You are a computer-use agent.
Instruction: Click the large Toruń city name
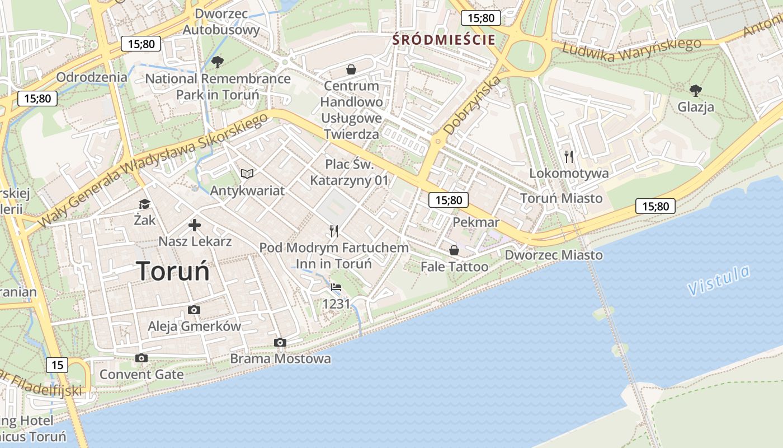click(173, 271)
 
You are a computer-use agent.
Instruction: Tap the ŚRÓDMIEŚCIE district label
click(444, 40)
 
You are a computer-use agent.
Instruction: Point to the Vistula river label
click(719, 280)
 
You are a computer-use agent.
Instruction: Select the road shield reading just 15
click(57, 365)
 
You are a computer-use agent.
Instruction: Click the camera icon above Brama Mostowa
click(280, 342)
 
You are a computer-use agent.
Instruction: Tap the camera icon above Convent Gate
click(141, 358)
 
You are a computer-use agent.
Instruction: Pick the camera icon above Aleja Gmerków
click(194, 310)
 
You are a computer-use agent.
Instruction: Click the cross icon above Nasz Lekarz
click(195, 225)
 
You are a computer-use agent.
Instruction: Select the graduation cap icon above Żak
click(145, 204)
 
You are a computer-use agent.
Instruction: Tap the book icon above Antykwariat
click(247, 174)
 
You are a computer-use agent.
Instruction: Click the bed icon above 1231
click(336, 287)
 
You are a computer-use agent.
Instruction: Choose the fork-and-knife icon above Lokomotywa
click(569, 156)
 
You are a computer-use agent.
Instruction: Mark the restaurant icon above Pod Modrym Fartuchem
click(334, 231)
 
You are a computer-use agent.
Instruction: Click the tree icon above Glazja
click(696, 90)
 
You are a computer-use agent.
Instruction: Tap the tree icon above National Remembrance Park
click(218, 62)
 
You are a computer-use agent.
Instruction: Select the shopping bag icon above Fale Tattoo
click(454, 250)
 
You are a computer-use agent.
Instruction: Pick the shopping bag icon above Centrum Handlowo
click(351, 69)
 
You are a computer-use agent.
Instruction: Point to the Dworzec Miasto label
click(554, 255)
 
